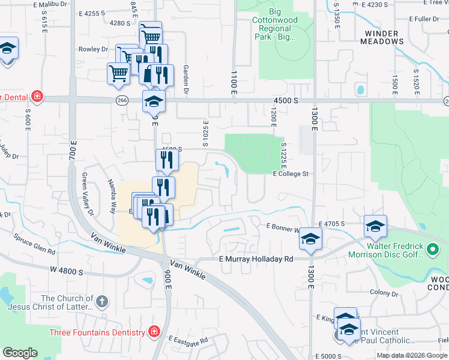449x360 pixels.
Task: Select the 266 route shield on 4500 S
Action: [x=122, y=101]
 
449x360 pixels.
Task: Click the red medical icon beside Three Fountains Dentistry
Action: [x=154, y=332]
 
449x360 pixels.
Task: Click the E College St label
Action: [x=290, y=174]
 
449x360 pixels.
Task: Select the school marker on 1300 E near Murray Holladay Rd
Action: [x=310, y=239]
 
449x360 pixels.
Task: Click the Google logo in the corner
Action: [x=20, y=353]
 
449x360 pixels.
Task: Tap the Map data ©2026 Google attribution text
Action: [x=412, y=355]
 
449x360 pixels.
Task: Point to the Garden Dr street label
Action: [x=186, y=80]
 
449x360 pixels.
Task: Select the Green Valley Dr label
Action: [x=88, y=194]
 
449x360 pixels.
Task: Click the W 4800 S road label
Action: [x=67, y=271]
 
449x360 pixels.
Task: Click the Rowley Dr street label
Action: [x=92, y=49]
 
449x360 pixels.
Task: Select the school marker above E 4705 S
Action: [x=375, y=226]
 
